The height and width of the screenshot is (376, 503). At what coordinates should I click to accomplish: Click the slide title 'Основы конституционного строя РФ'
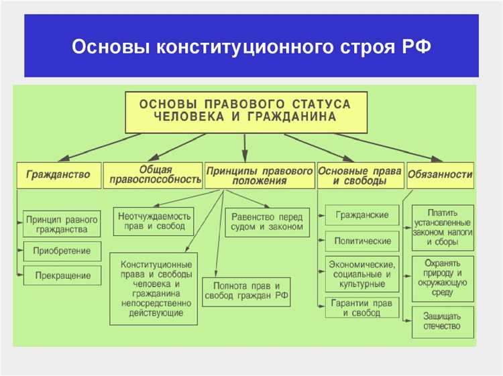click(251, 48)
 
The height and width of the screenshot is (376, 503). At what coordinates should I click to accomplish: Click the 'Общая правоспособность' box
click(152, 174)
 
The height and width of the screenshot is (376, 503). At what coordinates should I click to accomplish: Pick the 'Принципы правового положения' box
click(260, 176)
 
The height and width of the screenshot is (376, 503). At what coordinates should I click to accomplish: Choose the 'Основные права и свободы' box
click(360, 176)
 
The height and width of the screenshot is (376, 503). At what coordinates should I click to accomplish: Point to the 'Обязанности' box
click(440, 175)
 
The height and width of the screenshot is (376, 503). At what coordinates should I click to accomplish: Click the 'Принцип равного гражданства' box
click(62, 224)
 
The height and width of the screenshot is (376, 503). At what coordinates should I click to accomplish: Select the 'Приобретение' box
click(62, 251)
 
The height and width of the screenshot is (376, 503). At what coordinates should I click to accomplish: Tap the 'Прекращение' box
click(62, 275)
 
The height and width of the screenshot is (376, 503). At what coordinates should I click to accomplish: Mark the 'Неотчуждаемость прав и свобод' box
click(154, 221)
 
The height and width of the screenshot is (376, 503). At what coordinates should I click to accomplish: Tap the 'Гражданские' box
click(362, 215)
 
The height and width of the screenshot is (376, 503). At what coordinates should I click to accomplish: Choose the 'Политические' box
click(362, 240)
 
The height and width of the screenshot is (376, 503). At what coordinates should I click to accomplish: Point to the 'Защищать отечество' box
click(442, 320)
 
